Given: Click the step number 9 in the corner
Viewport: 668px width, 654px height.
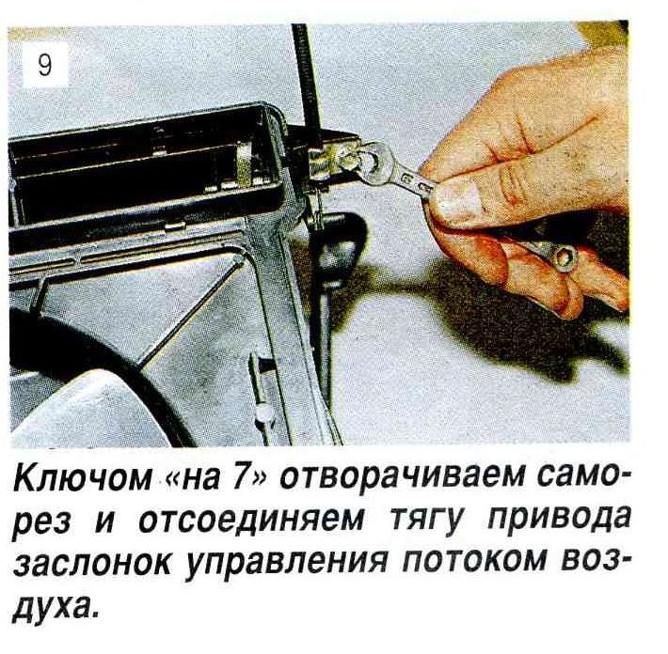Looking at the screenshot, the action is [x=45, y=66].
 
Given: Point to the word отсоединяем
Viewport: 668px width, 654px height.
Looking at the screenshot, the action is [x=251, y=521].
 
